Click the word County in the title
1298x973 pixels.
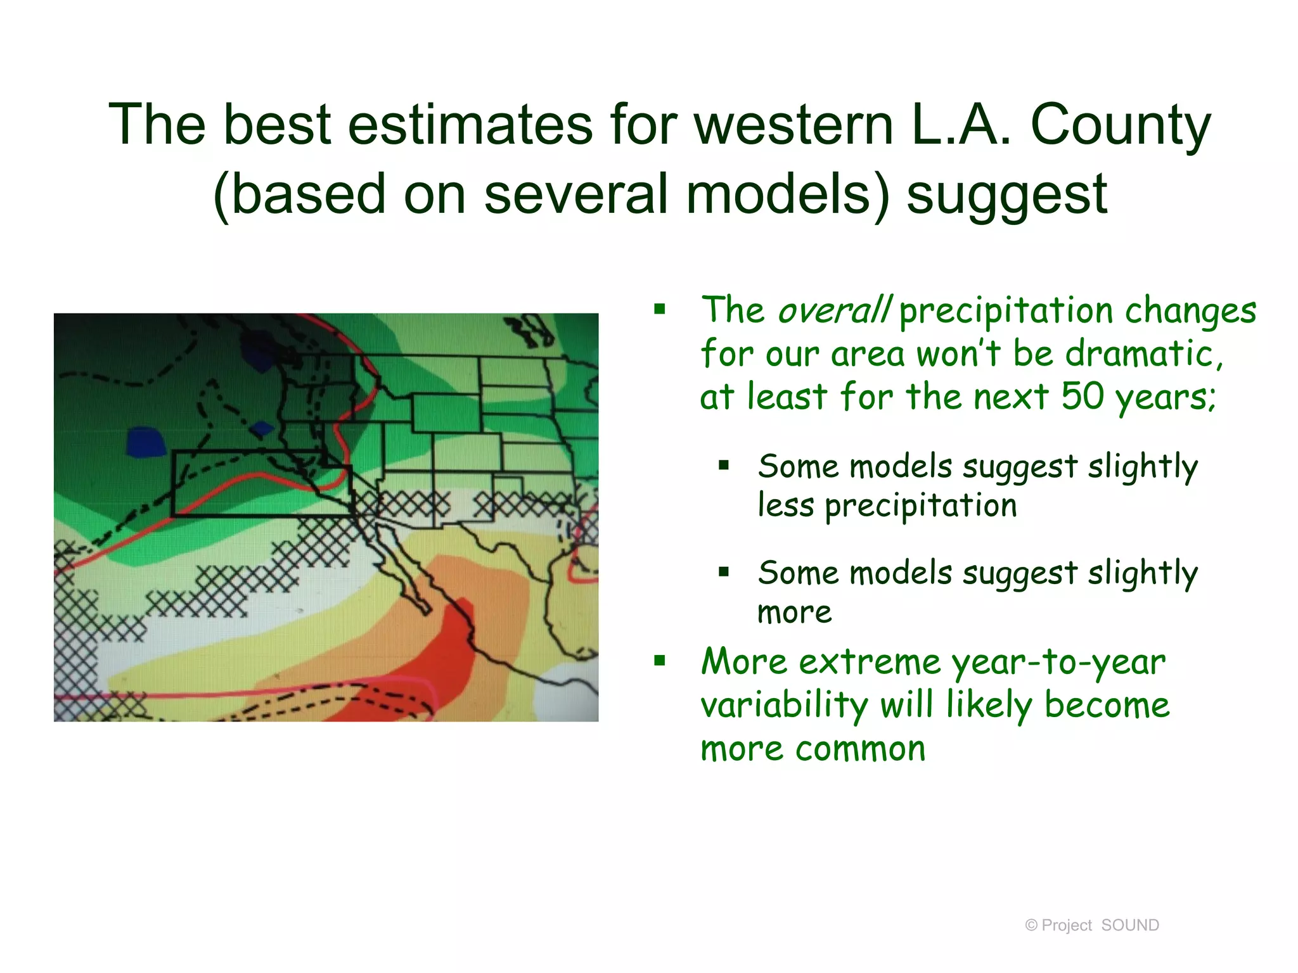[1121, 125]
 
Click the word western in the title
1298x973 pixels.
[794, 125]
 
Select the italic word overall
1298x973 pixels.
[834, 310]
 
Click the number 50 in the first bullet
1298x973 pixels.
[1083, 397]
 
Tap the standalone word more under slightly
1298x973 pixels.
[794, 613]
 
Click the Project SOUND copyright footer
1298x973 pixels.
[1091, 925]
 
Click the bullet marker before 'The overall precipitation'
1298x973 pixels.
[660, 310]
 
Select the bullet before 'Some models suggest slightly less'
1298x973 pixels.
[724, 466]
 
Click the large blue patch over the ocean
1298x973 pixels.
[146, 442]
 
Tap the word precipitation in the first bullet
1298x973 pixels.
[1005, 312]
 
